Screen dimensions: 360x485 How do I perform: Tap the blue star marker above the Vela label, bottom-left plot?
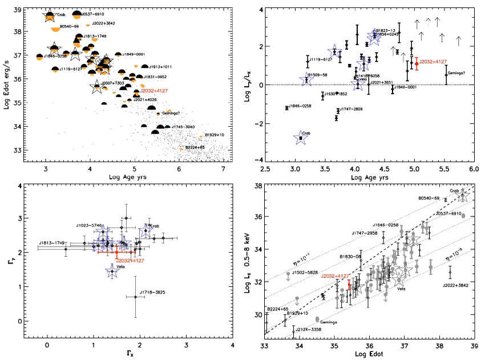pyautogui.click(x=113, y=270)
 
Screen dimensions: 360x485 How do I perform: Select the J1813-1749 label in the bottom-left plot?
pyautogui.click(x=51, y=244)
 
